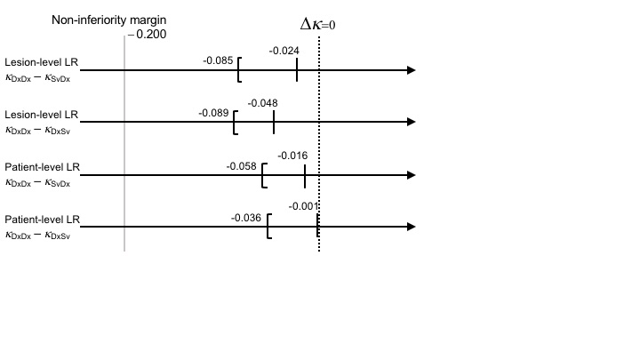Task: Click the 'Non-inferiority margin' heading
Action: pyautogui.click(x=109, y=19)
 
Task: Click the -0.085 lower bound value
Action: pyautogui.click(x=219, y=60)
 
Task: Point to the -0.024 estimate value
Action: pyautogui.click(x=284, y=51)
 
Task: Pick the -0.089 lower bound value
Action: pyautogui.click(x=214, y=113)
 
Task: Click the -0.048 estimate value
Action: pyautogui.click(x=263, y=103)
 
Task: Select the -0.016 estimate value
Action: pyautogui.click(x=292, y=156)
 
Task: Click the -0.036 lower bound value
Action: pyautogui.click(x=246, y=218)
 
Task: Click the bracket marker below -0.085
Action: pyautogui.click(x=239, y=70)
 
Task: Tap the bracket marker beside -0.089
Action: pyautogui.click(x=236, y=123)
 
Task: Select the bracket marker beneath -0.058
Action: pyautogui.click(x=264, y=175)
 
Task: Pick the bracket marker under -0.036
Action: pyautogui.click(x=268, y=228)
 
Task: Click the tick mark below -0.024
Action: pyautogui.click(x=297, y=70)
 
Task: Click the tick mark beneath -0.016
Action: pyautogui.click(x=305, y=175)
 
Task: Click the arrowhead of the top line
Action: pyautogui.click(x=410, y=70)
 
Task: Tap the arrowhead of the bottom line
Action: pyautogui.click(x=410, y=228)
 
